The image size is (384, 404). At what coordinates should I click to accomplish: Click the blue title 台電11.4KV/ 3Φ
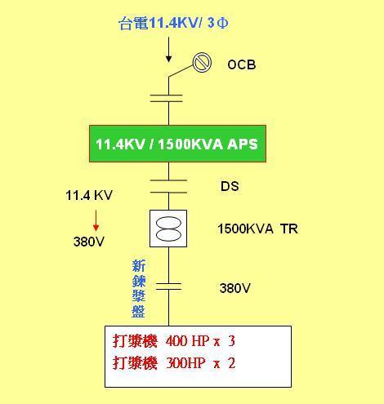click(174, 23)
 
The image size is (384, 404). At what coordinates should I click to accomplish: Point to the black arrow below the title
click(169, 50)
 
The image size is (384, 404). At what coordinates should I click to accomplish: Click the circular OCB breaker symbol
click(202, 62)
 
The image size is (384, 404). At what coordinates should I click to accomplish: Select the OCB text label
click(242, 64)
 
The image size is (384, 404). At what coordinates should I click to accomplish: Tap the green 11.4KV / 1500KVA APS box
click(177, 144)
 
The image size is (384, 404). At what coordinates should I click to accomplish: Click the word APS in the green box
click(243, 144)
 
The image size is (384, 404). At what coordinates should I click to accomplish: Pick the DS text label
click(230, 186)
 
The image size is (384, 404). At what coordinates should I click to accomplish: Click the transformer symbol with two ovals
click(168, 229)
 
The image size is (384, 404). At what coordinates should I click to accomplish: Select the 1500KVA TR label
click(257, 229)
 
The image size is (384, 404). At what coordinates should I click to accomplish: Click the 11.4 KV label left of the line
click(89, 195)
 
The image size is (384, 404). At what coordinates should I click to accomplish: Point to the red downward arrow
click(96, 220)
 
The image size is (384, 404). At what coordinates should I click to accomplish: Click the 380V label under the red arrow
click(89, 242)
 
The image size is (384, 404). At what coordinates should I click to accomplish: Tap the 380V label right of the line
click(235, 288)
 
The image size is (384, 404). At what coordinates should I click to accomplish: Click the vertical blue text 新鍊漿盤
click(139, 289)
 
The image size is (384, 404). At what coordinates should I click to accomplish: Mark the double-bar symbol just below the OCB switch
click(167, 98)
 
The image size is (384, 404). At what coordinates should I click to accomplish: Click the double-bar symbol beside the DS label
click(168, 186)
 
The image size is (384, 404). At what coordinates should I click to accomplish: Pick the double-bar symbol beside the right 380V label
click(168, 286)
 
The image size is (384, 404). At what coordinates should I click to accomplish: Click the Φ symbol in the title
click(223, 23)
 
